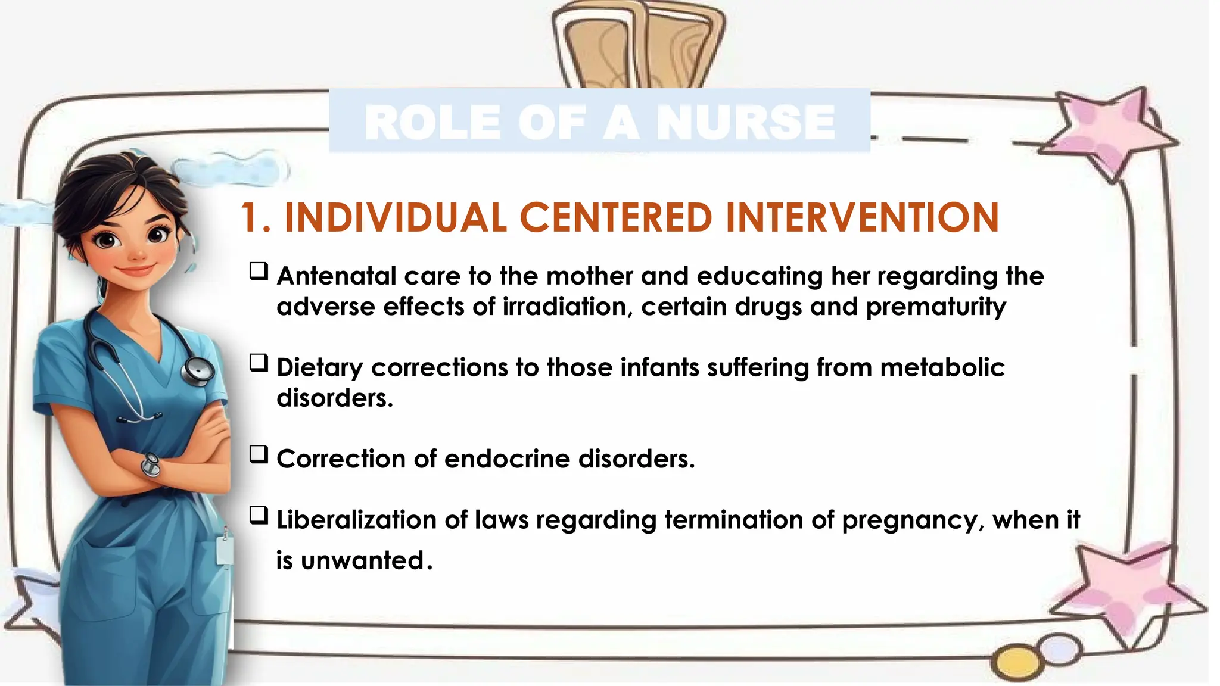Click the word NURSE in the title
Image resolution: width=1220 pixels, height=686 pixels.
(x=746, y=122)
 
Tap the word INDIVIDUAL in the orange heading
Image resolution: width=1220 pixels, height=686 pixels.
(x=396, y=217)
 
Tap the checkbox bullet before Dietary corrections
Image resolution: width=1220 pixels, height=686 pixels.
(x=259, y=363)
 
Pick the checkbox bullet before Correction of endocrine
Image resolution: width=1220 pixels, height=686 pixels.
(x=259, y=454)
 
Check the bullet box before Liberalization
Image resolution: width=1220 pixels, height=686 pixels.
(x=259, y=516)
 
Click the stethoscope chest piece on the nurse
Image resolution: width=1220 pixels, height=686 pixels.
(x=198, y=370)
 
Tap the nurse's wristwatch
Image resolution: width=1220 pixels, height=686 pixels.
(x=151, y=464)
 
